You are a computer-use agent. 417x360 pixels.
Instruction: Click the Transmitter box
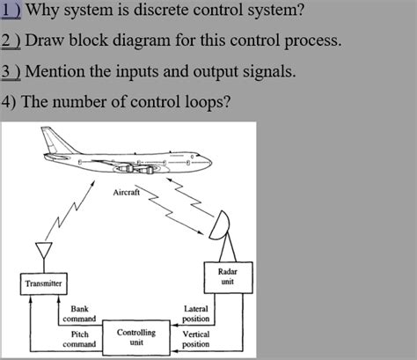coord(43,283)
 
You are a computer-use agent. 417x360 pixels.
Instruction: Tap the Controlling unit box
coord(136,338)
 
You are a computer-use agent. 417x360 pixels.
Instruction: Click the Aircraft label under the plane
coord(127,192)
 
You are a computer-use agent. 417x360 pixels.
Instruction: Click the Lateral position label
coord(195,313)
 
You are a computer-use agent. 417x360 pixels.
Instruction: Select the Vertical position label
coord(195,339)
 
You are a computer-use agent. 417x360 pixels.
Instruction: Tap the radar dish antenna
coord(222,226)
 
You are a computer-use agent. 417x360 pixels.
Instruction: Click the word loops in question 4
coord(201,100)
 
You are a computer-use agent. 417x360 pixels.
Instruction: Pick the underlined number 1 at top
coord(7,11)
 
